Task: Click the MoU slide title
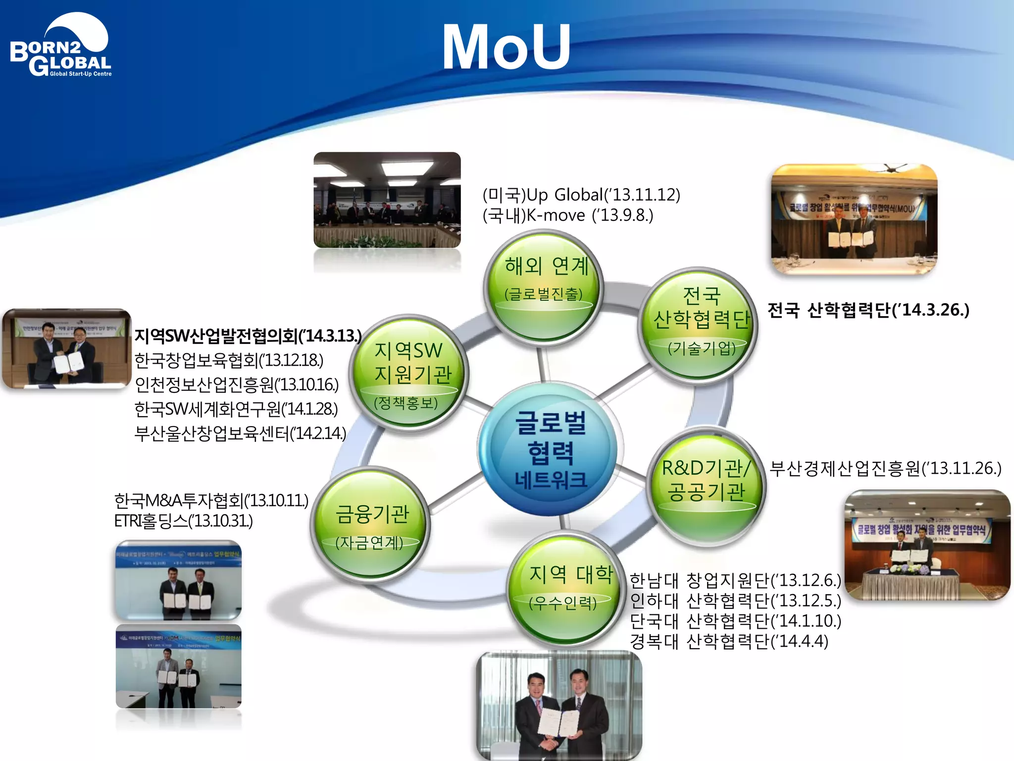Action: (x=506, y=48)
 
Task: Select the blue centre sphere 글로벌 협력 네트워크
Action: (x=550, y=449)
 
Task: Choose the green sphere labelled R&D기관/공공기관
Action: (x=706, y=486)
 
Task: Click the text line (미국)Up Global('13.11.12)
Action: (x=581, y=195)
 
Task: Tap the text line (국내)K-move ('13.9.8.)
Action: (x=567, y=216)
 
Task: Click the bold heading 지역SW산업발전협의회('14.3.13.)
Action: (x=248, y=336)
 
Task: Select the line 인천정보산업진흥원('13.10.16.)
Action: (x=237, y=384)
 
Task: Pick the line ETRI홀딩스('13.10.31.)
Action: (x=183, y=521)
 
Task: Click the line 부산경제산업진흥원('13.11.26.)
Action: (x=885, y=468)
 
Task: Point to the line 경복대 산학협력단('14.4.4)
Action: (x=729, y=642)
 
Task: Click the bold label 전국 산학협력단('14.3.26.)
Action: (x=868, y=310)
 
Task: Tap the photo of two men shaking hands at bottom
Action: (x=559, y=706)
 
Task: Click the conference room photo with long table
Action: (x=387, y=200)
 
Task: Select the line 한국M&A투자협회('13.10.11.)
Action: (x=211, y=500)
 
